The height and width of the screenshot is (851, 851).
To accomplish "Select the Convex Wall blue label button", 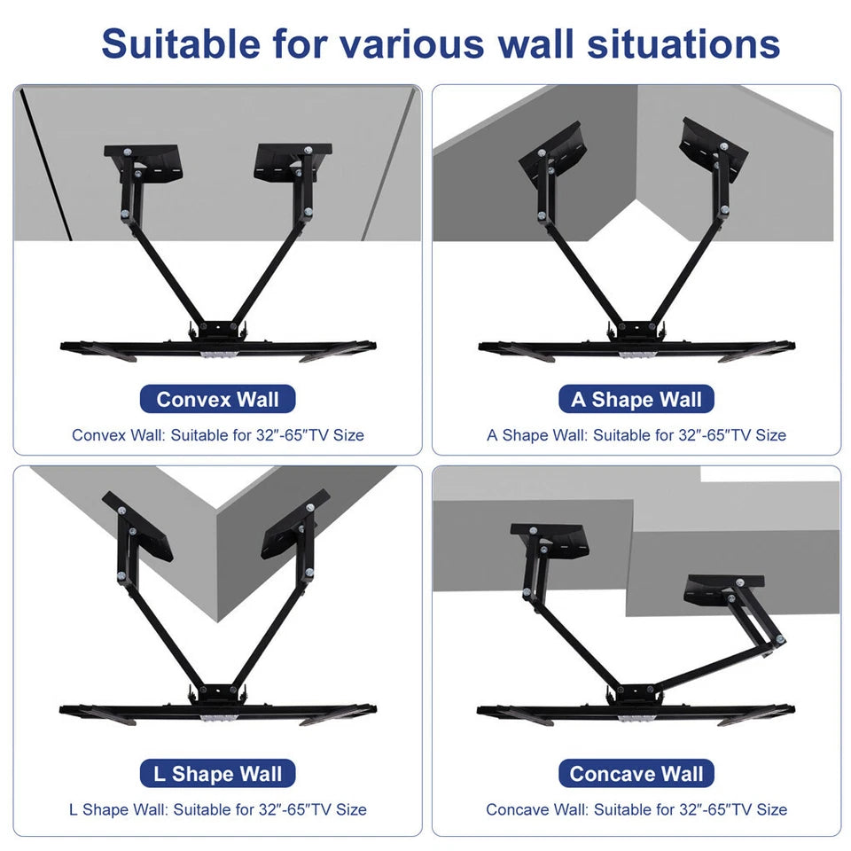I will click(217, 399).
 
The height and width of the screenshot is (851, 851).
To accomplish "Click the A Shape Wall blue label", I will click(636, 399).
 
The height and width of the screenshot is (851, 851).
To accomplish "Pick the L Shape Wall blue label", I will click(217, 773).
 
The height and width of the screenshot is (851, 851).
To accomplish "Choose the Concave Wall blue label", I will click(636, 773).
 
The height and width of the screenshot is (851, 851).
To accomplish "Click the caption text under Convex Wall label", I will click(217, 435).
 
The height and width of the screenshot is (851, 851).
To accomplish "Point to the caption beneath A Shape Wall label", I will click(636, 435).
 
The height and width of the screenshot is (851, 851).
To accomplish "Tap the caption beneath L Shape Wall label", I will click(217, 809).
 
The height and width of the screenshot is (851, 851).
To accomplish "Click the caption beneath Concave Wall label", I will click(636, 809).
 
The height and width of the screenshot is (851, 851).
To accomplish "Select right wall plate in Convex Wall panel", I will click(293, 162).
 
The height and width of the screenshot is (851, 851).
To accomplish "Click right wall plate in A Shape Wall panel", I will click(714, 144).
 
